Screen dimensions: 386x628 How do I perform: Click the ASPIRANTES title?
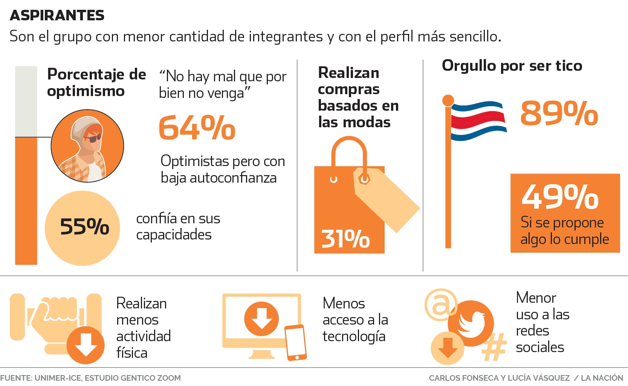pyautogui.click(x=57, y=15)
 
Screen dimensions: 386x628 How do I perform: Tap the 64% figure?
pyautogui.click(x=197, y=128)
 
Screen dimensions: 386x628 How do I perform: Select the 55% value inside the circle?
pyautogui.click(x=84, y=227)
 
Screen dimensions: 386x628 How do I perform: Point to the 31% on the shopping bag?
pyautogui.click(x=345, y=239)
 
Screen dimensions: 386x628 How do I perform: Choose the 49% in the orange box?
pyautogui.click(x=560, y=196)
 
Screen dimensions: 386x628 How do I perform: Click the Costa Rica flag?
pyautogui.click(x=478, y=121)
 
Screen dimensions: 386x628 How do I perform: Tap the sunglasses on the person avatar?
pyautogui.click(x=93, y=138)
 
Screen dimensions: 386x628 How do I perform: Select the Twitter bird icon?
pyautogui.click(x=471, y=322)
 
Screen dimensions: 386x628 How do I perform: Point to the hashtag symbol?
pyautogui.click(x=494, y=347)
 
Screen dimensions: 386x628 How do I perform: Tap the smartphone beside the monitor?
pyautogui.click(x=295, y=342)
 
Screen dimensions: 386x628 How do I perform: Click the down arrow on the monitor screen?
pyautogui.click(x=261, y=319)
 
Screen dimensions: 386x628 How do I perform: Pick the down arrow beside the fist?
pyautogui.click(x=86, y=345)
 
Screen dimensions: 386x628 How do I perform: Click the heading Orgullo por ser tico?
pyautogui.click(x=512, y=66)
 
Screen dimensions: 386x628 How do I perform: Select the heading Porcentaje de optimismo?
pyautogui.click(x=96, y=82)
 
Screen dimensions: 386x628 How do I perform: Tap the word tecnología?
pyautogui.click(x=354, y=336)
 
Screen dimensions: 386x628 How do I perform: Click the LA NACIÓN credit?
pyautogui.click(x=602, y=378)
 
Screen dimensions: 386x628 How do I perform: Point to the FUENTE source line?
pyautogui.click(x=90, y=378)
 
